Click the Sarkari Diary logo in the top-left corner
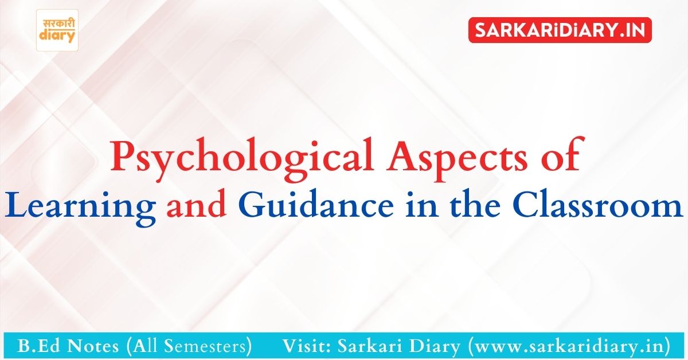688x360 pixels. point(57,30)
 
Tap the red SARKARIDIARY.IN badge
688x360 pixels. point(560,30)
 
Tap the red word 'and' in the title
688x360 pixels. point(196,204)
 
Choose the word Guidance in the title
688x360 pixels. point(315,204)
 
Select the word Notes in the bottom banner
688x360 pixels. point(92,346)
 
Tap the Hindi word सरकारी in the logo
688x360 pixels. point(58,24)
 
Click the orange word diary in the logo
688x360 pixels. point(57,36)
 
